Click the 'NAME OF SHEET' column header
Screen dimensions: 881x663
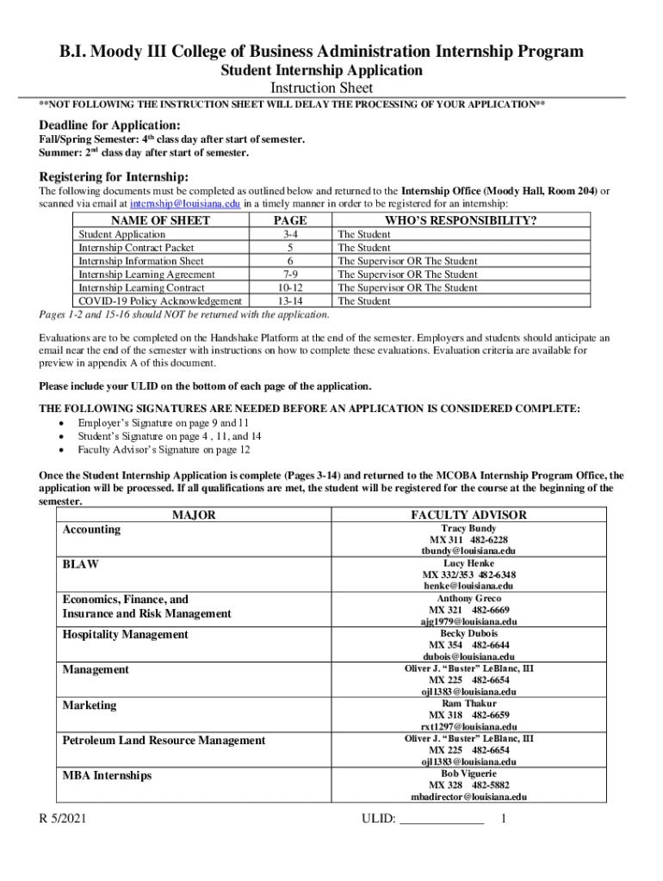(161, 221)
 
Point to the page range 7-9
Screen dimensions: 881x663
(289, 274)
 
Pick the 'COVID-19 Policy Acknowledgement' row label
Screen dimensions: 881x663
(160, 301)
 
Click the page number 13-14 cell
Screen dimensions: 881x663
(289, 301)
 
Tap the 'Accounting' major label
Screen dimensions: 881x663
(91, 529)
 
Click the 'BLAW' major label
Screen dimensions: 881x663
(80, 564)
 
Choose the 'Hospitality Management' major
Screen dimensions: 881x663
(125, 634)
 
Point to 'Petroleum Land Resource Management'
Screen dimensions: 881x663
(164, 740)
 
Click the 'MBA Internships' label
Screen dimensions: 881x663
(107, 775)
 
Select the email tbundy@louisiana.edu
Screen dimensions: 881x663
(468, 551)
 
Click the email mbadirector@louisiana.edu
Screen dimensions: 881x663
(468, 797)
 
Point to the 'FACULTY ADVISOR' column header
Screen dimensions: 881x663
(468, 514)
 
